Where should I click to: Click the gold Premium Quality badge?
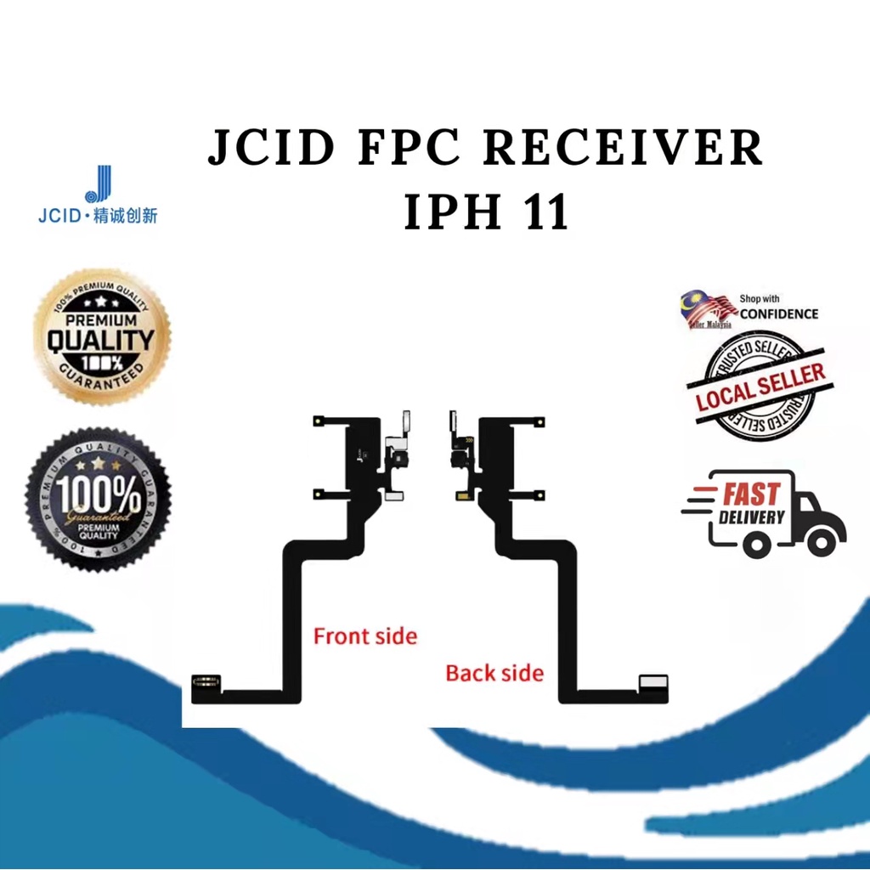coord(102,336)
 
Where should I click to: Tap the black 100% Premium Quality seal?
coord(99,499)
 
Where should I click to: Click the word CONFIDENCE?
coord(779,314)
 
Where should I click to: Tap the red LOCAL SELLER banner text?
coord(760,387)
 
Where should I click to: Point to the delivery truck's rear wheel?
coord(756,543)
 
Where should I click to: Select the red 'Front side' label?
coord(365,636)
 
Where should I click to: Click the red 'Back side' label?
coord(494,673)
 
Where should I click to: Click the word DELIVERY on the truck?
coord(752,517)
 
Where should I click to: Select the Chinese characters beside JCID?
coord(127,215)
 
